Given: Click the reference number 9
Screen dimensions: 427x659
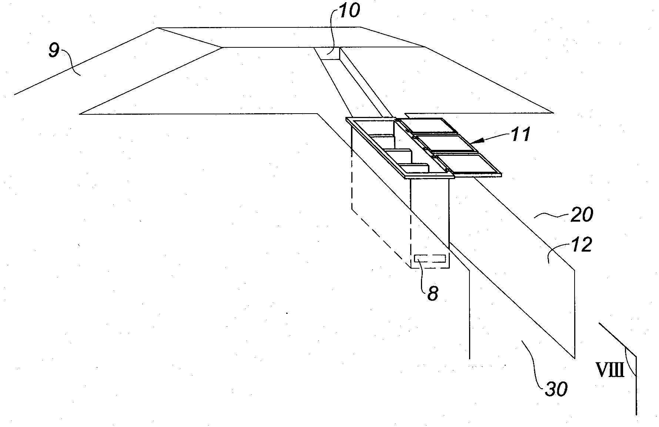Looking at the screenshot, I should pos(54,51).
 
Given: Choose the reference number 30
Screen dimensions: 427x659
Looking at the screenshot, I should pos(556,389).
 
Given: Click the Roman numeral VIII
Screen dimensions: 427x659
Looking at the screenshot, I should pos(609,369).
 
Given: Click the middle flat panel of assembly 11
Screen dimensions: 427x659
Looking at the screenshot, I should pos(446,143).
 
